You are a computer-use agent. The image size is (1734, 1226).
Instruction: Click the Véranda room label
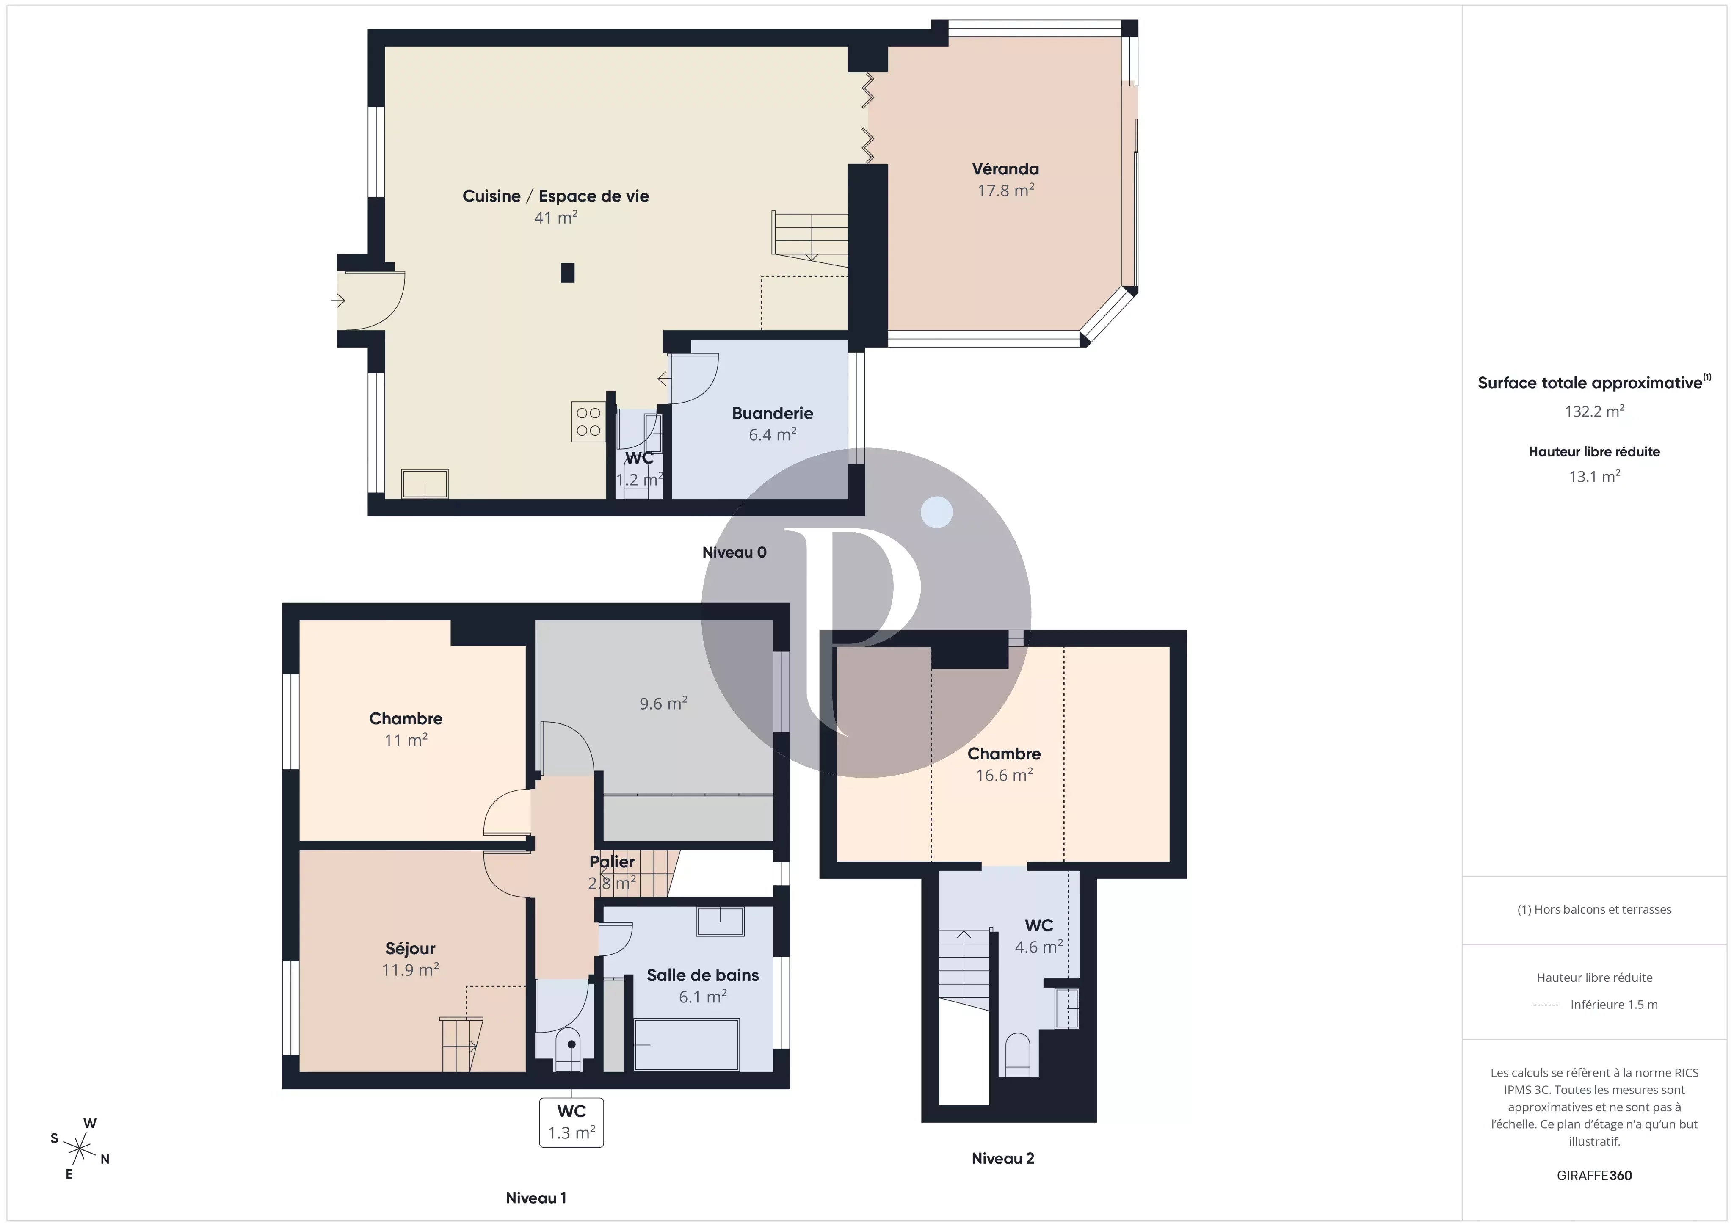pyautogui.click(x=1005, y=169)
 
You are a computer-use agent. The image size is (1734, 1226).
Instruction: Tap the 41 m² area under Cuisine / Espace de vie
pyautogui.click(x=556, y=218)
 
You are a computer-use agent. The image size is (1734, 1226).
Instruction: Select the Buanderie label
pyautogui.click(x=773, y=413)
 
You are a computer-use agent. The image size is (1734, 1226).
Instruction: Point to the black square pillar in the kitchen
pyautogui.click(x=567, y=273)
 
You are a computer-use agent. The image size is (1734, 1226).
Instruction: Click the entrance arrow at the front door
pyautogui.click(x=337, y=301)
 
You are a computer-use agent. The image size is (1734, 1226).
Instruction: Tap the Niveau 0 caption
pyautogui.click(x=734, y=552)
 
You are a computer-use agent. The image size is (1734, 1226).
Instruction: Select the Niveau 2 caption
pyautogui.click(x=1003, y=1158)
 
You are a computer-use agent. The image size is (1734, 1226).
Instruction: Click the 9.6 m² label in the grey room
pyautogui.click(x=663, y=703)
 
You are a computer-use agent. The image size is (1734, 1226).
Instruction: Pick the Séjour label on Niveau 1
pyautogui.click(x=410, y=949)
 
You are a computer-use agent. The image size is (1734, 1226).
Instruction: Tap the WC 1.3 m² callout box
pyautogui.click(x=572, y=1122)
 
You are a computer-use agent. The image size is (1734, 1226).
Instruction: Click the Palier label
pyautogui.click(x=612, y=861)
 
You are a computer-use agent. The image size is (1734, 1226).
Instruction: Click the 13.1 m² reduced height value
pyautogui.click(x=1594, y=476)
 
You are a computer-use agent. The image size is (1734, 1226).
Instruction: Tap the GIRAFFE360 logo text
pyautogui.click(x=1594, y=1175)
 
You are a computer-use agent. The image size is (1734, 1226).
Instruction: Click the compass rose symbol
pyautogui.click(x=79, y=1149)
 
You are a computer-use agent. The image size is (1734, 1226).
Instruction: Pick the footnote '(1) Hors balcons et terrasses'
pyautogui.click(x=1594, y=909)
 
